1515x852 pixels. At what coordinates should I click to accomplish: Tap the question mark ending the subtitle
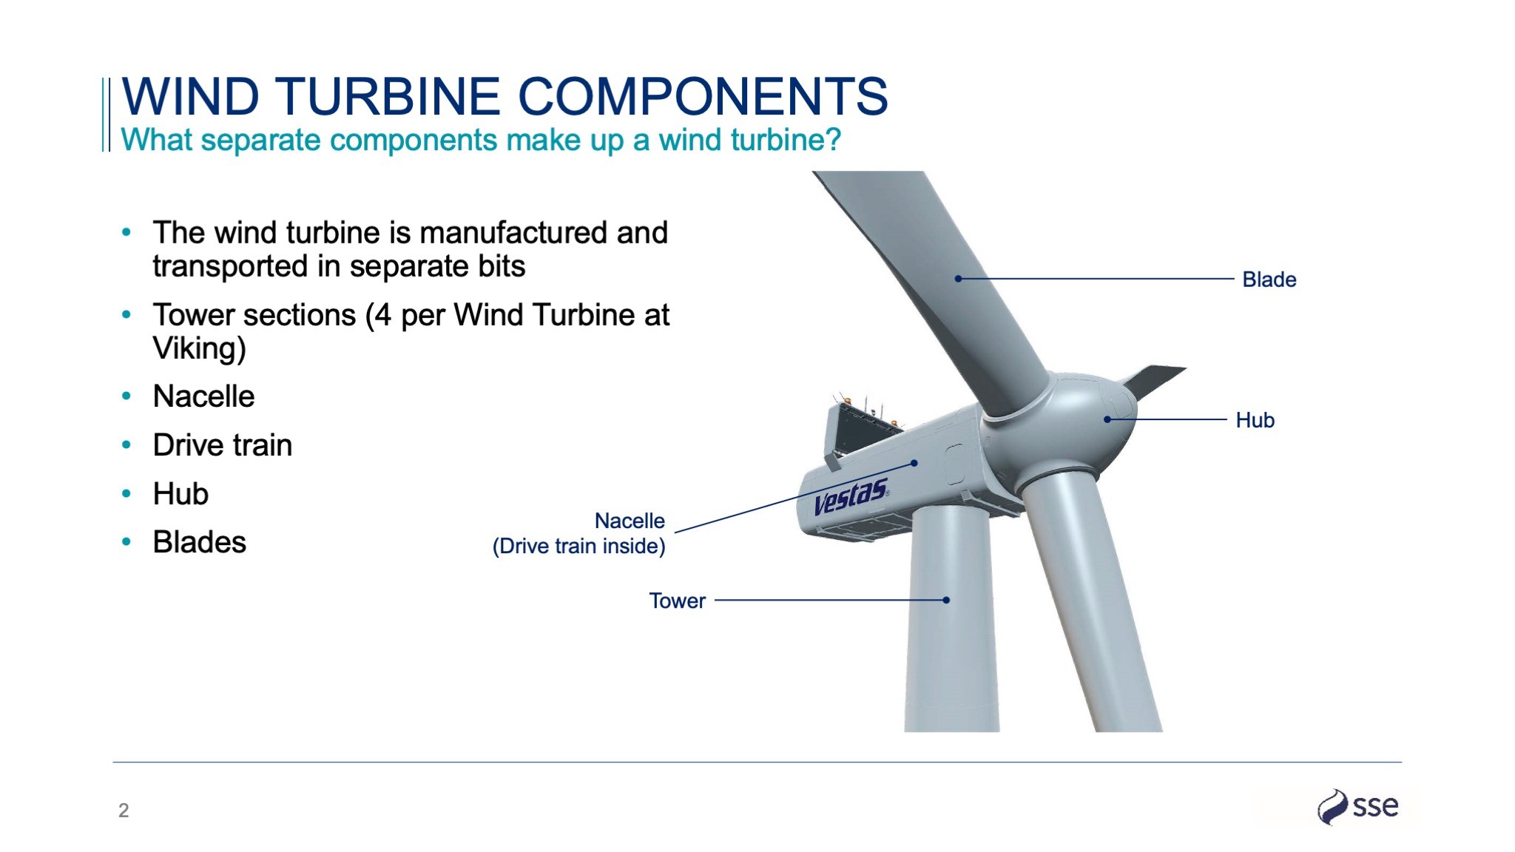(834, 139)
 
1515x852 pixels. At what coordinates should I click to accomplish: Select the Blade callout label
(1269, 280)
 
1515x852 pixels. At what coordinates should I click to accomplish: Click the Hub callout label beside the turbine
(1255, 420)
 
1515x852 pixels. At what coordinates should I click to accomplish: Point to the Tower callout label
(678, 601)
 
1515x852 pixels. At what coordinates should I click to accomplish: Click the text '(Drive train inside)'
(579, 547)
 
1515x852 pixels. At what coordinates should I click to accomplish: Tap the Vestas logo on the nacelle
(851, 496)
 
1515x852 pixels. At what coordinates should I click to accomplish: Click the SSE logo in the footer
(1358, 806)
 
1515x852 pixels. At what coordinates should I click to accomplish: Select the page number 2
(124, 811)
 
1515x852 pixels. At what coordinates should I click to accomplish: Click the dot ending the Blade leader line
(958, 279)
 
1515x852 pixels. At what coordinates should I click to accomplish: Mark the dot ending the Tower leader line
(946, 600)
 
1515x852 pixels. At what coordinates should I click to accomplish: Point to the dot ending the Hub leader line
(1107, 419)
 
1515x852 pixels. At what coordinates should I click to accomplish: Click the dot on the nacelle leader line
(914, 463)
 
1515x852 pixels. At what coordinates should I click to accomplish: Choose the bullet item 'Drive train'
(223, 445)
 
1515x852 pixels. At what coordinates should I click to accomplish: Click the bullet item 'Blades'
(200, 542)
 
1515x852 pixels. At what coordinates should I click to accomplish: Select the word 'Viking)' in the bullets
(200, 348)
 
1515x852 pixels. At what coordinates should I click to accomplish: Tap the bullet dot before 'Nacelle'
(126, 396)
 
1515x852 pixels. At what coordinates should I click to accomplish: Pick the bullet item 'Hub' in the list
(180, 494)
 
